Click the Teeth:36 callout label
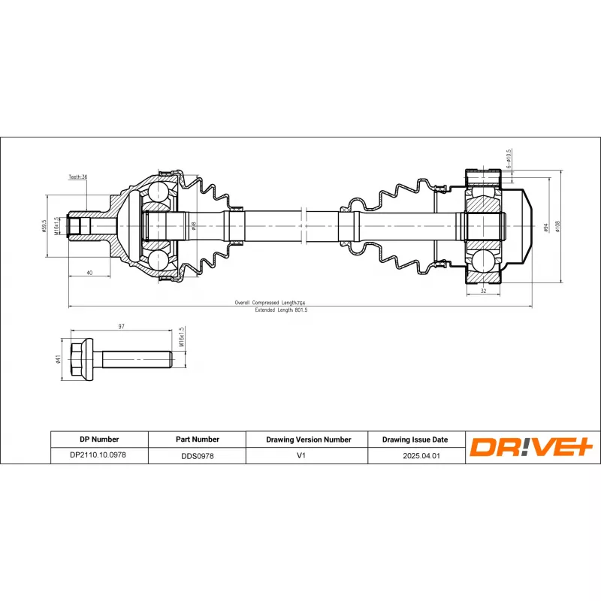[78, 177]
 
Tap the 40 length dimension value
[89, 273]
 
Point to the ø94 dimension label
[545, 225]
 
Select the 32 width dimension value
[483, 291]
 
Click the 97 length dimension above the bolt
[121, 326]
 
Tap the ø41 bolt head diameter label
[59, 360]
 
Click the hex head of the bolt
[81, 359]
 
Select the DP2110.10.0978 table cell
[98, 455]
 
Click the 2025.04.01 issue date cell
[415, 455]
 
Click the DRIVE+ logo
[532, 447]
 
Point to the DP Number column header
[98, 439]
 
